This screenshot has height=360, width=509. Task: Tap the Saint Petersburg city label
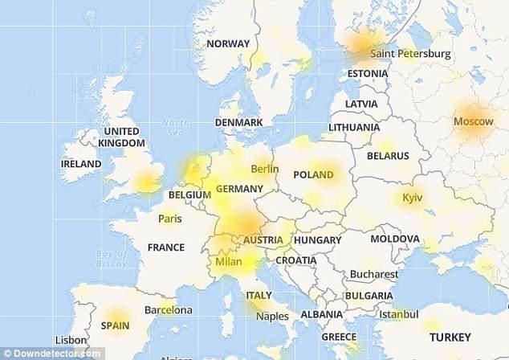point(410,54)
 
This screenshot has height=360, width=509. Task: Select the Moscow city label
point(474,121)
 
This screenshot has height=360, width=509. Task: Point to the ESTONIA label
point(367,74)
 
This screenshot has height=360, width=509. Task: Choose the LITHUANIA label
point(354,127)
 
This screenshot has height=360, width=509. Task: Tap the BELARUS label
point(388,155)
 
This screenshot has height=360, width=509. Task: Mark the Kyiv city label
point(412,197)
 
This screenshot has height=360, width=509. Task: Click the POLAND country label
point(313,174)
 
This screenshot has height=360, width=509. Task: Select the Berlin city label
point(264,169)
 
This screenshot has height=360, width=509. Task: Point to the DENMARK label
point(238,122)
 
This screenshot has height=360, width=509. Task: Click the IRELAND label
point(81,164)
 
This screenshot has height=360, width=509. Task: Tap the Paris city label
point(169,218)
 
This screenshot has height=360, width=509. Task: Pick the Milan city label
point(229,261)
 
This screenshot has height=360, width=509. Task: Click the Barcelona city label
point(168,309)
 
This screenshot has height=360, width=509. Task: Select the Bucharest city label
point(374,274)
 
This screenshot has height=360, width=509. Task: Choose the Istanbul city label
point(399,313)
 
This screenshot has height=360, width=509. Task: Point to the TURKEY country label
point(450,337)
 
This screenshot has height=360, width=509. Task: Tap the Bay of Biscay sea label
point(114,258)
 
